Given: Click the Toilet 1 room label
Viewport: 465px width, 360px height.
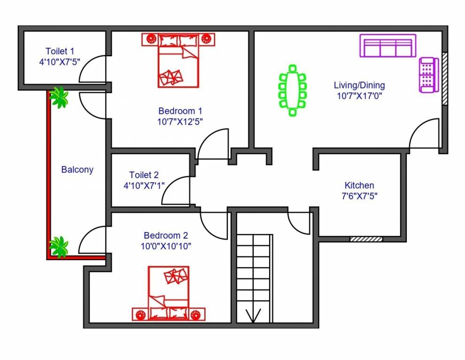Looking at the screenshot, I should [60, 51].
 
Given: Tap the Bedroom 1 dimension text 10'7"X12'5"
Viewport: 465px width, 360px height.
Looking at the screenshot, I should [181, 121].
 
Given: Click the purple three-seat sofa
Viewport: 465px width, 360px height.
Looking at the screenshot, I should [388, 46].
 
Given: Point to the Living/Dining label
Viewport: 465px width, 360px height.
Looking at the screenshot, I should [359, 85].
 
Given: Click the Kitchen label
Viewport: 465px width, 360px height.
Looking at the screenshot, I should [359, 185].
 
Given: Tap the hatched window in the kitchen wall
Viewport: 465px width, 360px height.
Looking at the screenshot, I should [366, 239].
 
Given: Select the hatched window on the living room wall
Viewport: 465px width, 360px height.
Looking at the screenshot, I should [444, 78].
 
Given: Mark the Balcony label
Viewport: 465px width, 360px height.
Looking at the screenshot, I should [77, 170].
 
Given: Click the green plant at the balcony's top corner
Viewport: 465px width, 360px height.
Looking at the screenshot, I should [59, 97].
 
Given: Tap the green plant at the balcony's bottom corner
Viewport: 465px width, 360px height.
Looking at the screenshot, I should [59, 247].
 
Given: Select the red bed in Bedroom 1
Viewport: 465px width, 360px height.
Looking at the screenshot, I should [178, 60].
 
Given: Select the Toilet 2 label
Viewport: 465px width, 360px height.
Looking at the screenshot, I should [144, 175].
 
